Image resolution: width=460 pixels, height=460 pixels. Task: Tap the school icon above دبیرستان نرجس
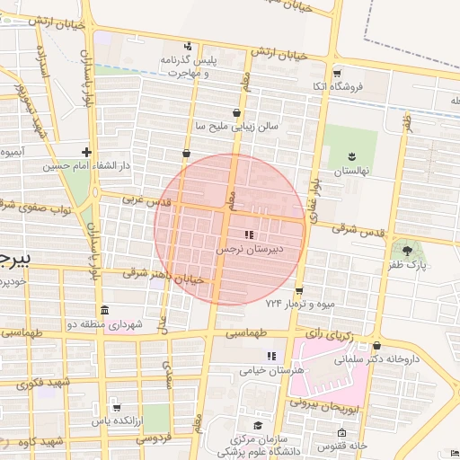[x=249, y=234]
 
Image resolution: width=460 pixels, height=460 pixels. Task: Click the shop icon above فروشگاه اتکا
[x=337, y=74]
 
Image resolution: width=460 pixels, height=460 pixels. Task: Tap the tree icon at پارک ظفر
[x=409, y=251]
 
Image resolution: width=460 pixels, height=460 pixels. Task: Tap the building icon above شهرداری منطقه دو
[x=105, y=311]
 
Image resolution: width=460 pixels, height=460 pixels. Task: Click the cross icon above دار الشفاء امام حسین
[x=85, y=153]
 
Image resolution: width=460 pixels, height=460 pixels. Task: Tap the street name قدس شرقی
[x=358, y=230]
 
